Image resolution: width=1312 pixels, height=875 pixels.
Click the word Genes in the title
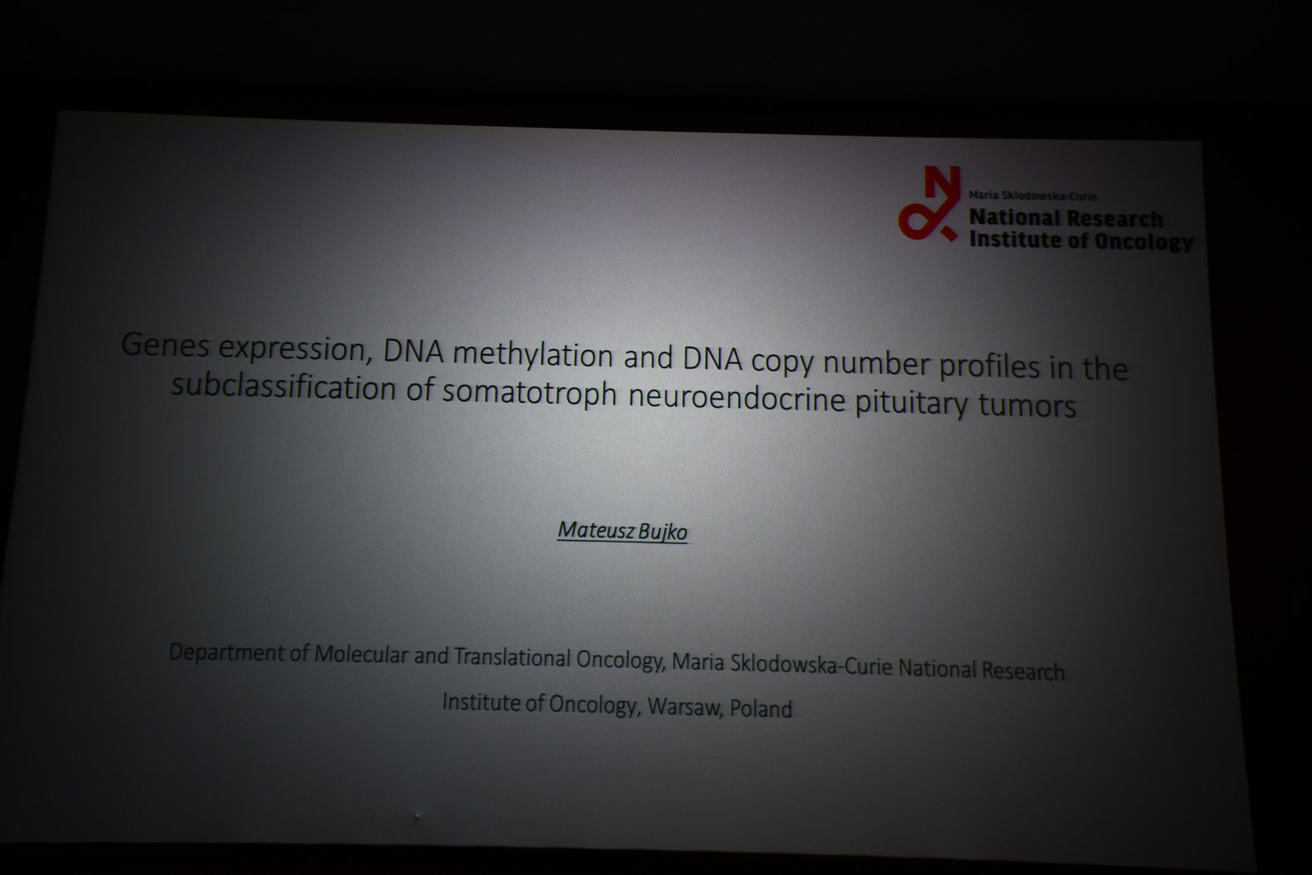(x=165, y=345)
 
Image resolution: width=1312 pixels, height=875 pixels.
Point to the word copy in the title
(x=782, y=362)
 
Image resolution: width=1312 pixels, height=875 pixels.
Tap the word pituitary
(x=910, y=403)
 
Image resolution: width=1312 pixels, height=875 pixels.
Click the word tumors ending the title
(x=1027, y=406)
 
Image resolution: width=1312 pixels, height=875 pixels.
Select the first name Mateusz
(x=595, y=530)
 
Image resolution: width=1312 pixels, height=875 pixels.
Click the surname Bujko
(x=662, y=532)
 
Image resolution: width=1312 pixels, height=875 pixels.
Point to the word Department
(x=226, y=652)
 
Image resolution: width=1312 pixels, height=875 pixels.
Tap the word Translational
(x=511, y=657)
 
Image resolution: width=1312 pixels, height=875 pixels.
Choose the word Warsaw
(x=684, y=707)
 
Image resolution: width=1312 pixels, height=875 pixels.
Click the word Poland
(x=761, y=709)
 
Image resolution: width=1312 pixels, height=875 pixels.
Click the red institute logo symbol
(x=930, y=202)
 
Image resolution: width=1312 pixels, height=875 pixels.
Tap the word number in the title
(x=876, y=364)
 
